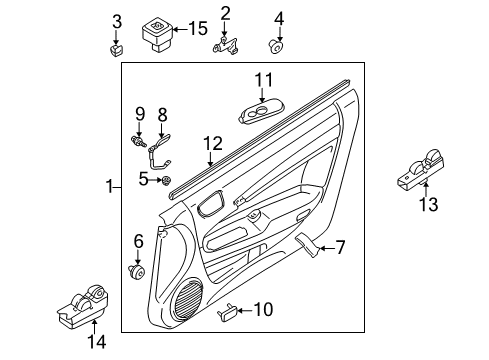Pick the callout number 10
click(264, 310)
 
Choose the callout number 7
click(339, 246)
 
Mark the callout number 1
click(110, 186)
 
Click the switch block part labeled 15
click(158, 33)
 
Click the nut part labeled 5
click(168, 180)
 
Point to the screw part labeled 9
click(138, 143)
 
